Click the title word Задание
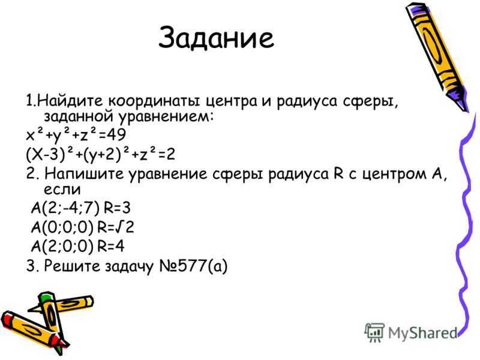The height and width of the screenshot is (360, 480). (216, 38)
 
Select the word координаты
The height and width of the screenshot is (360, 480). (154, 101)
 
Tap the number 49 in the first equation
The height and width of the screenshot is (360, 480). (116, 134)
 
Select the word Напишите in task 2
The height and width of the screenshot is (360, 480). (84, 173)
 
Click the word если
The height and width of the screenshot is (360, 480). (62, 189)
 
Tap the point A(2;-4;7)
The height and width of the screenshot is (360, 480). (65, 208)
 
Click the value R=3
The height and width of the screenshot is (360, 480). (117, 208)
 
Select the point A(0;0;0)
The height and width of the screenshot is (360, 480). (62, 227)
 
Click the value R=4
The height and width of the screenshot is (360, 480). (111, 246)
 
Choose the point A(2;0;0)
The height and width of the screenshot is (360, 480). (62, 247)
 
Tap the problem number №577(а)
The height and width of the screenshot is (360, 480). (193, 266)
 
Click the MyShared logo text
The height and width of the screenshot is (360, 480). (423, 333)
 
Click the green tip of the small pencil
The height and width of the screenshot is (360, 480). (46, 296)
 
